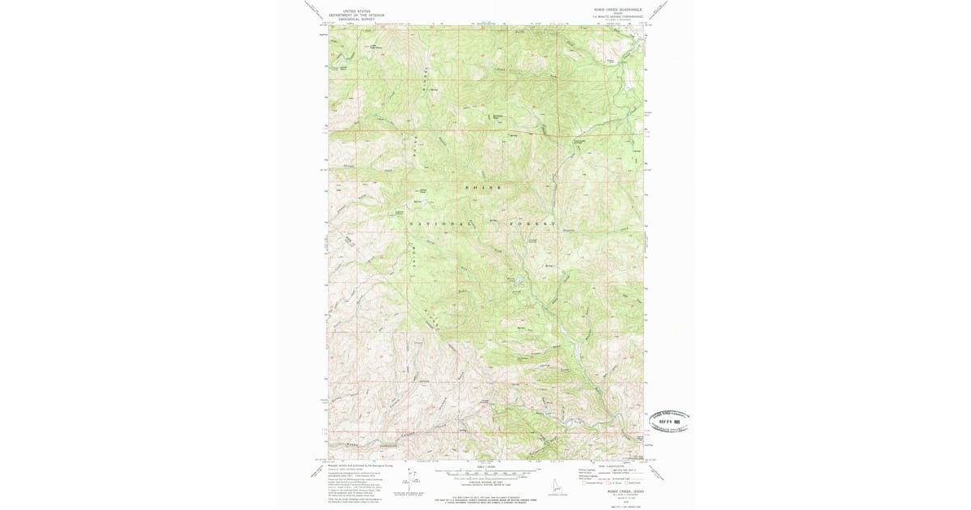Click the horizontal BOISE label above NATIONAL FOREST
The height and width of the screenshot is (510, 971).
pos(483,187)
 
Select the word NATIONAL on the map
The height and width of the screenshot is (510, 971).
pos(440,223)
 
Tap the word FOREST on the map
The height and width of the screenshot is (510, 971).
pos(533,223)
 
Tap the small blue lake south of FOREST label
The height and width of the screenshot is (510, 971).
pos(518,281)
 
